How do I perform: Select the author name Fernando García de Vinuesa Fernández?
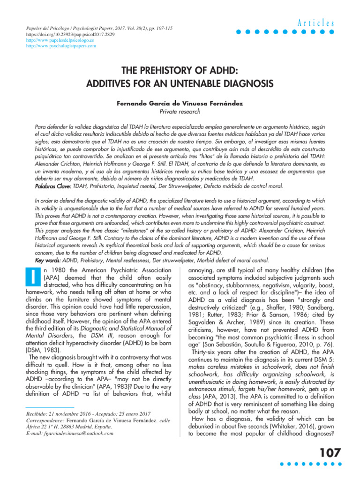click(x=180, y=102)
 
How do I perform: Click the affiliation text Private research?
click(x=180, y=112)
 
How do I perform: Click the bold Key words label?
click(x=49, y=260)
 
